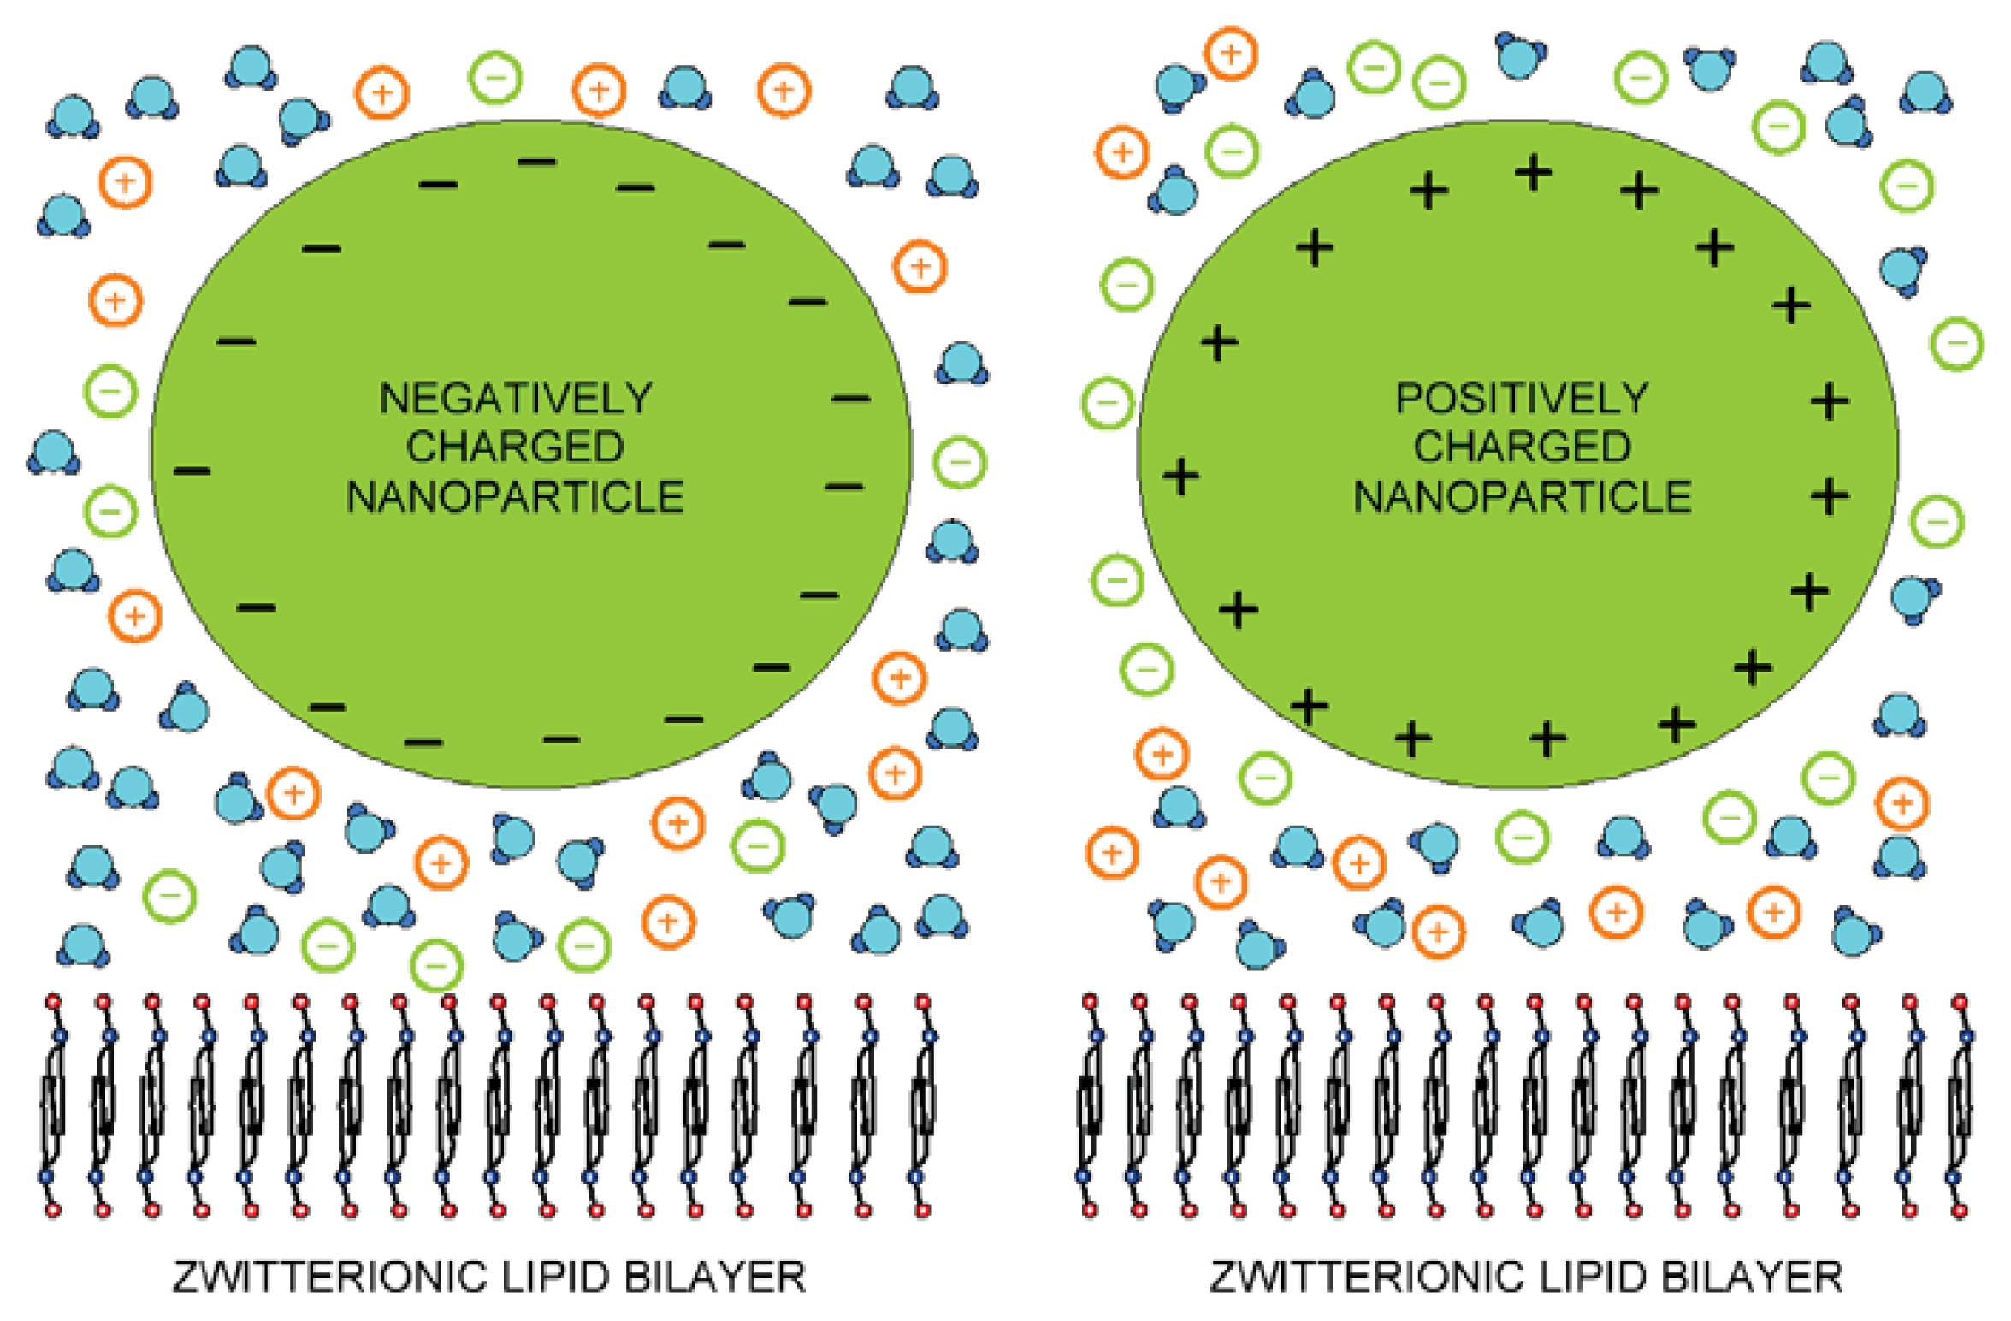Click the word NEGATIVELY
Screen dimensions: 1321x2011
click(x=516, y=399)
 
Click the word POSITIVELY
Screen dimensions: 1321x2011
click(x=1522, y=399)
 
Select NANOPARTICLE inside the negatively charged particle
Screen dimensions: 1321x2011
click(x=516, y=497)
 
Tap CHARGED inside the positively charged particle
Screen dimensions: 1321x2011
click(x=1522, y=447)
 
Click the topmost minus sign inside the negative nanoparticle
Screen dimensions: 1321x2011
click(x=537, y=162)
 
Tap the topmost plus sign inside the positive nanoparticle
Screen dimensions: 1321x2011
click(x=1533, y=173)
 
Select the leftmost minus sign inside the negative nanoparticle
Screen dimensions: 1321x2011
click(x=192, y=471)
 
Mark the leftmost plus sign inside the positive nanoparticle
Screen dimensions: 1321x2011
click(x=1181, y=477)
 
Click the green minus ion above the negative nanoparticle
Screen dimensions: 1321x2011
click(x=495, y=78)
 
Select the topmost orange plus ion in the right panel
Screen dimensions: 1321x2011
click(x=1231, y=54)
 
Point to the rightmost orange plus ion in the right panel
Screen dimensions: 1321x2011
click(x=1902, y=803)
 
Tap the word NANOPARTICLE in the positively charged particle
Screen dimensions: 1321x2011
click(x=1522, y=497)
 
